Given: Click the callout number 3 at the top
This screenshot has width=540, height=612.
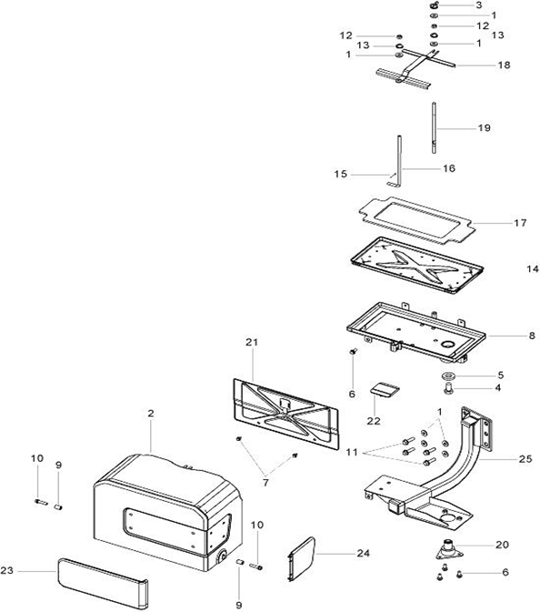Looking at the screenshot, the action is point(479,5).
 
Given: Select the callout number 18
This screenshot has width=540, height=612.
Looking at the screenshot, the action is point(505,65).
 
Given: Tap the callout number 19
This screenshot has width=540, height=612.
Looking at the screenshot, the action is point(485,127).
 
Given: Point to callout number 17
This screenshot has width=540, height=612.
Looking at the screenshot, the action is point(521,223).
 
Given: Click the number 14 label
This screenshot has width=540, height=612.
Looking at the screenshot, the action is point(533,269).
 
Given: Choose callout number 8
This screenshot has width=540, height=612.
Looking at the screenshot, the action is point(532,336).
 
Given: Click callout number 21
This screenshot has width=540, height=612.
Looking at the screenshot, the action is point(252,342).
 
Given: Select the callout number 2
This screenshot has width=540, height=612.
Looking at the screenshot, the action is point(151,413).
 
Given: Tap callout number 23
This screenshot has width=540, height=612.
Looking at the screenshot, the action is point(7,571).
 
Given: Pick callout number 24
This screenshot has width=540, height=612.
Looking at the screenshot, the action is point(364,553).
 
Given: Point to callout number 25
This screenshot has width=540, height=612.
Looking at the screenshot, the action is point(525,459).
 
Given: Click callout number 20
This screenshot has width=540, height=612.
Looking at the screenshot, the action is point(502,544).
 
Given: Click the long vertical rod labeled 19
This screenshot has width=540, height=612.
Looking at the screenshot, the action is point(434,128).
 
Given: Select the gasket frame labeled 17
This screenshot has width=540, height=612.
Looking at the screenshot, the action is point(416,220).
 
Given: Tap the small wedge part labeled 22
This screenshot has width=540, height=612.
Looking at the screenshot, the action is point(385,390).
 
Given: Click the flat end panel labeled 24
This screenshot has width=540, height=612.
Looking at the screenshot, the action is point(301,559).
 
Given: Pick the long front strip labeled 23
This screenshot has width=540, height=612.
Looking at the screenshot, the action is point(103,582).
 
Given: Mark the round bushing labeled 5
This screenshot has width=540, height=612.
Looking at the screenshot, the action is point(447,376).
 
